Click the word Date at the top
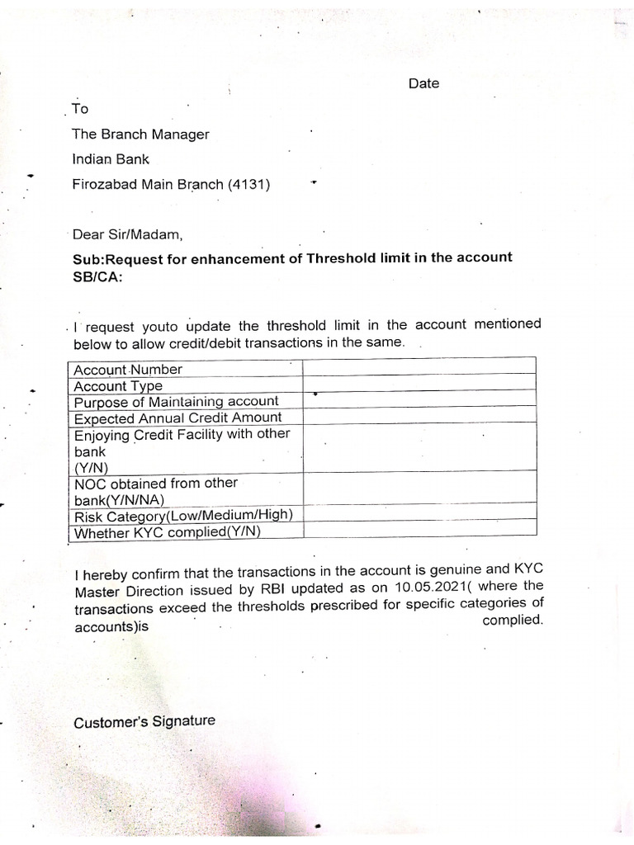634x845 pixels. point(423,83)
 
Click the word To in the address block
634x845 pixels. point(80,109)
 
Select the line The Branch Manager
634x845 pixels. point(140,134)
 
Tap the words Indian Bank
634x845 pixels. point(111,159)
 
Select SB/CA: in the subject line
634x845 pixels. point(97,277)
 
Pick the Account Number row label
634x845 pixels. point(128,369)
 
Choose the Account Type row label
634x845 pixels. point(118,385)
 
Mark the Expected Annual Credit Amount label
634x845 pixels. point(177,418)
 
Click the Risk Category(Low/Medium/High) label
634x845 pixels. point(183,517)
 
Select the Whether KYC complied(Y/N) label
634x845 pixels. point(167,532)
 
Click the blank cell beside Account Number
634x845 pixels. point(419,367)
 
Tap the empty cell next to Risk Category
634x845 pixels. point(419,512)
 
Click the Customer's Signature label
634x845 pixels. point(144,721)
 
